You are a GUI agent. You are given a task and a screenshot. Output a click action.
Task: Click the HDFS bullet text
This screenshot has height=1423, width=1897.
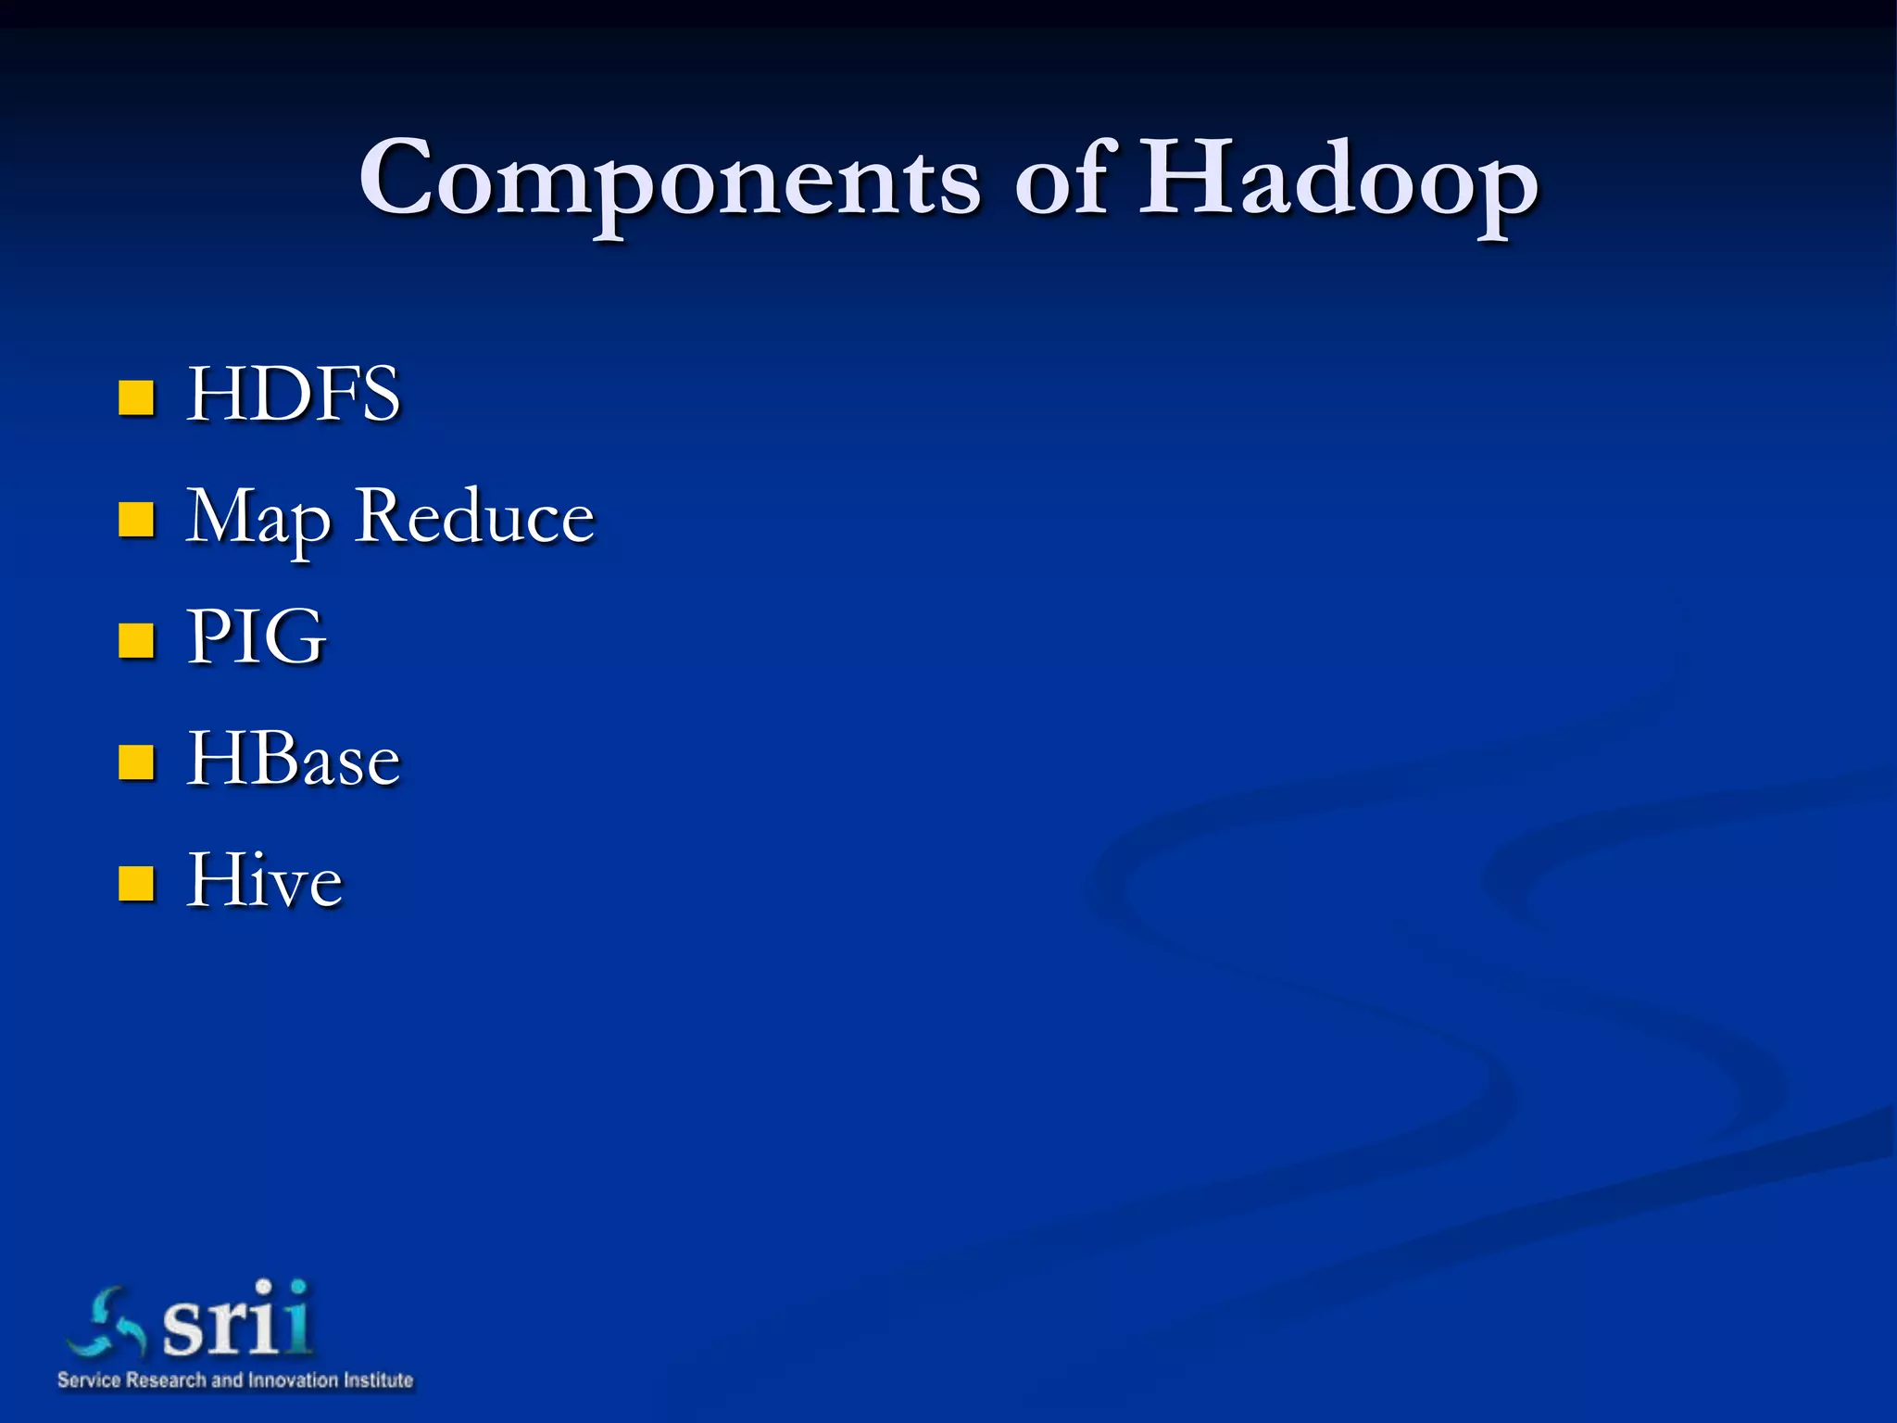tap(293, 395)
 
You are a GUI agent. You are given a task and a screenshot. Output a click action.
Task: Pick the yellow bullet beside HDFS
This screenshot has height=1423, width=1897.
tap(136, 397)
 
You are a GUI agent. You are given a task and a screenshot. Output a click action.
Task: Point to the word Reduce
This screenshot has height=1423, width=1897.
tap(474, 516)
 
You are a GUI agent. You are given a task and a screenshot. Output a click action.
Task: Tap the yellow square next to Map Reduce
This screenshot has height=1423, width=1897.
tap(136, 520)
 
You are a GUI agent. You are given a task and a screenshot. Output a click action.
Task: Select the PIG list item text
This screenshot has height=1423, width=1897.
tap(256, 637)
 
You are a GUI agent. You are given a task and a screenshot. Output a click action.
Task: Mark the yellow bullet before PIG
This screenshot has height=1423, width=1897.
tap(136, 641)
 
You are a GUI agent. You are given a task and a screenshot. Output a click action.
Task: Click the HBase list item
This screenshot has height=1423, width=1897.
tap(293, 760)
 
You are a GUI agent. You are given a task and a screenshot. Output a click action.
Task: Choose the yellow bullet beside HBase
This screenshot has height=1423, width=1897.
tap(136, 762)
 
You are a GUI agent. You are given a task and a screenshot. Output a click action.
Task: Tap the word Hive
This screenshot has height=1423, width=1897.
tap(264, 880)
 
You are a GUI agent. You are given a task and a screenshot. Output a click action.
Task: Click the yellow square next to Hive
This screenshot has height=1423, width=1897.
tap(136, 884)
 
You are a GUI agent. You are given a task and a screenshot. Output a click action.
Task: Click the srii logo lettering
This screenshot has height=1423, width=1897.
tap(236, 1319)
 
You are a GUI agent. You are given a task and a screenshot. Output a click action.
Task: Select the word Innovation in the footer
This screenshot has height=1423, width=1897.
tap(293, 1380)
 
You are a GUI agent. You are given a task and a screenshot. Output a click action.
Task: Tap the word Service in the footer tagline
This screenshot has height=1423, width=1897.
tap(89, 1380)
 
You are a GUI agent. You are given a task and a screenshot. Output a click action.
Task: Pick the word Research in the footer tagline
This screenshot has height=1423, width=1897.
tap(166, 1380)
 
